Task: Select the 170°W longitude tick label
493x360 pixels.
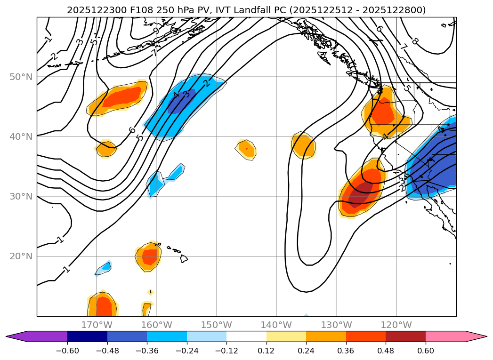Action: pyautogui.click(x=97, y=325)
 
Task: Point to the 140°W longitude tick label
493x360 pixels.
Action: pyautogui.click(x=276, y=325)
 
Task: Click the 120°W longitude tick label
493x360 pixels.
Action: pyautogui.click(x=396, y=325)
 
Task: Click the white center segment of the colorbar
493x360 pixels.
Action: pyautogui.click(x=246, y=336)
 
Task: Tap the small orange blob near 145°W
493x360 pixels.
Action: pyautogui.click(x=246, y=149)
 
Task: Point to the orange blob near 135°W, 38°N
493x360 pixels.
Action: pyautogui.click(x=303, y=145)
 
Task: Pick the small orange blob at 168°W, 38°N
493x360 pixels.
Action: pyautogui.click(x=106, y=149)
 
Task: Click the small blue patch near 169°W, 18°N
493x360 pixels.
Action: pyautogui.click(x=105, y=267)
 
